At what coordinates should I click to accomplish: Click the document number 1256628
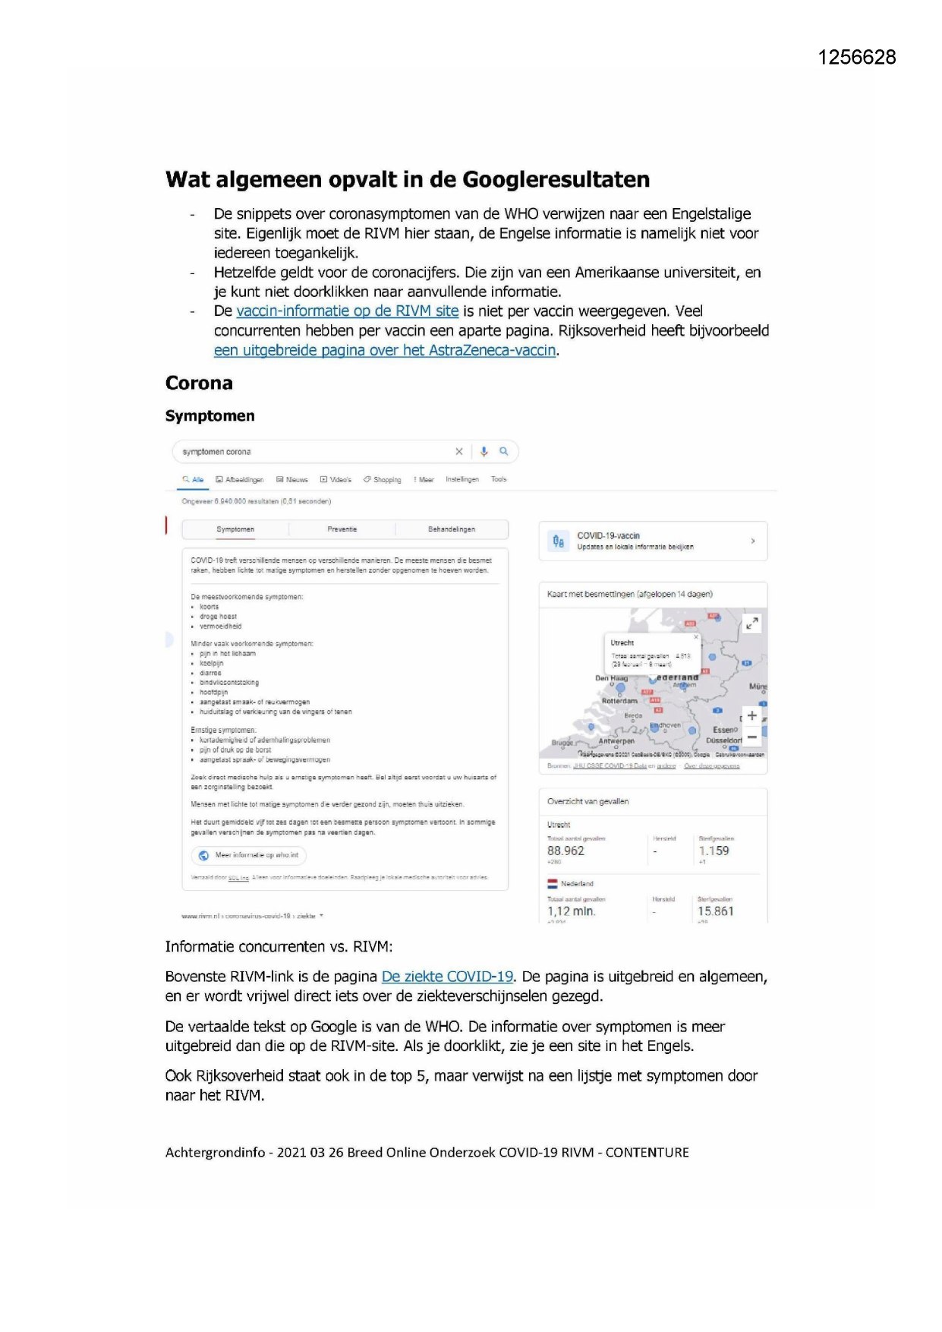pos(856,58)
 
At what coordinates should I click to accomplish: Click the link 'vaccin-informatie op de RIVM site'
pos(347,311)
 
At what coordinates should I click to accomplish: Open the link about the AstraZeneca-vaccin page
pos(385,351)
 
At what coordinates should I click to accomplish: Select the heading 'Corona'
pos(199,384)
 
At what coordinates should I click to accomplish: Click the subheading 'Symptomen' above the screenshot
pos(210,416)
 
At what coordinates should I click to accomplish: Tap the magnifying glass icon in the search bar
pos(503,452)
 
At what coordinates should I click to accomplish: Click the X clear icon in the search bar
pos(458,452)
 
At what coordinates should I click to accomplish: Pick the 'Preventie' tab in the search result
pos(342,529)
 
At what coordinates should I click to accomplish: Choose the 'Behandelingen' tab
pos(451,529)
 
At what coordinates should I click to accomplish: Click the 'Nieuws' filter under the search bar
pos(292,480)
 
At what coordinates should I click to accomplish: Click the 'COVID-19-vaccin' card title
pos(608,536)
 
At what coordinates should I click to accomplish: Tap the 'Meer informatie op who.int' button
pos(249,855)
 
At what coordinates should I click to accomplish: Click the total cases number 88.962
pos(566,851)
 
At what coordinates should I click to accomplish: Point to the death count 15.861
pos(715,911)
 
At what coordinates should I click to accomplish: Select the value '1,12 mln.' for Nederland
pos(571,911)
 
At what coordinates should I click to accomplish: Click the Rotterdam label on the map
pos(619,701)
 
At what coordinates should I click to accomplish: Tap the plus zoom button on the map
pos(751,715)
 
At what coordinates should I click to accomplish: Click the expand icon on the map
pos(751,623)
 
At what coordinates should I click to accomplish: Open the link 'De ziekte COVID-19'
pos(447,977)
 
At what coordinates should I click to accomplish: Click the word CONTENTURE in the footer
pos(647,1153)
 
